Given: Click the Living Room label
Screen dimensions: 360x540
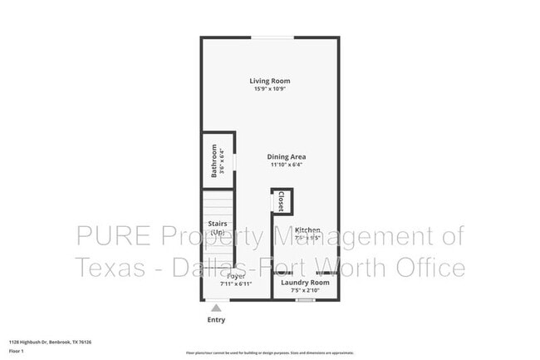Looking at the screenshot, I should coord(270,81).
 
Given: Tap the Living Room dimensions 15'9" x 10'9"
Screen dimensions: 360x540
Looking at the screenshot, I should coord(270,89).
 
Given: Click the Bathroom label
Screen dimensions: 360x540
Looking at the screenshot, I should coord(214,160).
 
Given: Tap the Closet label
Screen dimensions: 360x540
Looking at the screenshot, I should coord(282,201).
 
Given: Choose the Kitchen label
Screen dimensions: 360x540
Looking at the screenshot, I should coord(307,229).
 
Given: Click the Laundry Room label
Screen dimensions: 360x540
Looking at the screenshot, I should coord(305,283).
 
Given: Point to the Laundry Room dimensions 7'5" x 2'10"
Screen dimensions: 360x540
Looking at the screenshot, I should coord(305,291).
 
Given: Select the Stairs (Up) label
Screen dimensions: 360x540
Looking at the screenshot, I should coord(218,228).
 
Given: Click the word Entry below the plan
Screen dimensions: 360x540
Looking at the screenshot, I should coord(216,319).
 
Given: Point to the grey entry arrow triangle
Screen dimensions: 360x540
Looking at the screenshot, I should coord(216,308).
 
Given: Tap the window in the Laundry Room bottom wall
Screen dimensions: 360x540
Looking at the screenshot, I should coord(306,299).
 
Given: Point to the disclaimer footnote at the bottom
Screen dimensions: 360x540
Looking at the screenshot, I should coord(269,353).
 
